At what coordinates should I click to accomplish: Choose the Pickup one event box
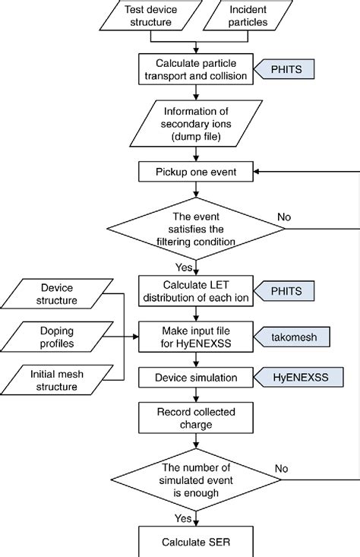tap(196, 172)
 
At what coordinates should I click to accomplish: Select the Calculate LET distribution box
tap(196, 290)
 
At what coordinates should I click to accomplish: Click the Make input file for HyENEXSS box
tap(196, 336)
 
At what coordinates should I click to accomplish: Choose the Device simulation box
tap(196, 377)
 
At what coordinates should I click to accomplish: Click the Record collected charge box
tap(196, 417)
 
